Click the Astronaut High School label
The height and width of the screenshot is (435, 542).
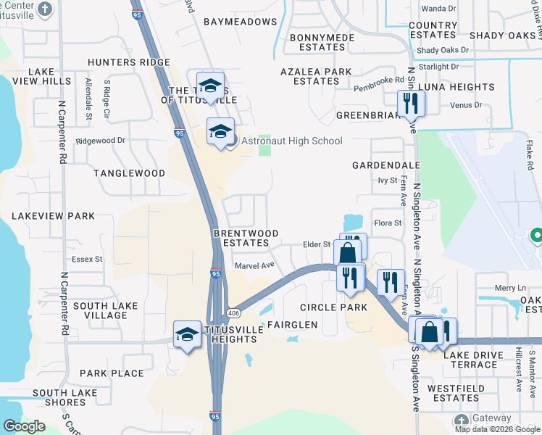pyautogui.click(x=291, y=141)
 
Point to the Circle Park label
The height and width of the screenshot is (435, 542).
pyautogui.click(x=333, y=307)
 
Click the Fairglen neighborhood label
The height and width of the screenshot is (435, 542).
pyautogui.click(x=293, y=324)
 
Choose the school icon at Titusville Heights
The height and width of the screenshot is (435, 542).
pyautogui.click(x=187, y=333)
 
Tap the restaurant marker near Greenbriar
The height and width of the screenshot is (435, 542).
pyautogui.click(x=411, y=102)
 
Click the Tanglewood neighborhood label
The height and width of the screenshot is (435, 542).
pyautogui.click(x=129, y=173)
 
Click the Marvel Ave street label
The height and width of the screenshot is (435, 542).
pyautogui.click(x=254, y=265)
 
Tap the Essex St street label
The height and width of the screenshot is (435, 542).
pyautogui.click(x=87, y=259)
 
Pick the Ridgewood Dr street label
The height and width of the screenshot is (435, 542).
pyautogui.click(x=101, y=141)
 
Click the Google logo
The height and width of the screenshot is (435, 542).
pyautogui.click(x=25, y=426)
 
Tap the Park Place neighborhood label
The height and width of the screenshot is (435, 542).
pyautogui.click(x=112, y=373)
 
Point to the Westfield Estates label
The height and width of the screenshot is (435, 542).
pyautogui.click(x=453, y=393)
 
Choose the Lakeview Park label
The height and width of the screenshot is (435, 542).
pyautogui.click(x=53, y=216)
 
